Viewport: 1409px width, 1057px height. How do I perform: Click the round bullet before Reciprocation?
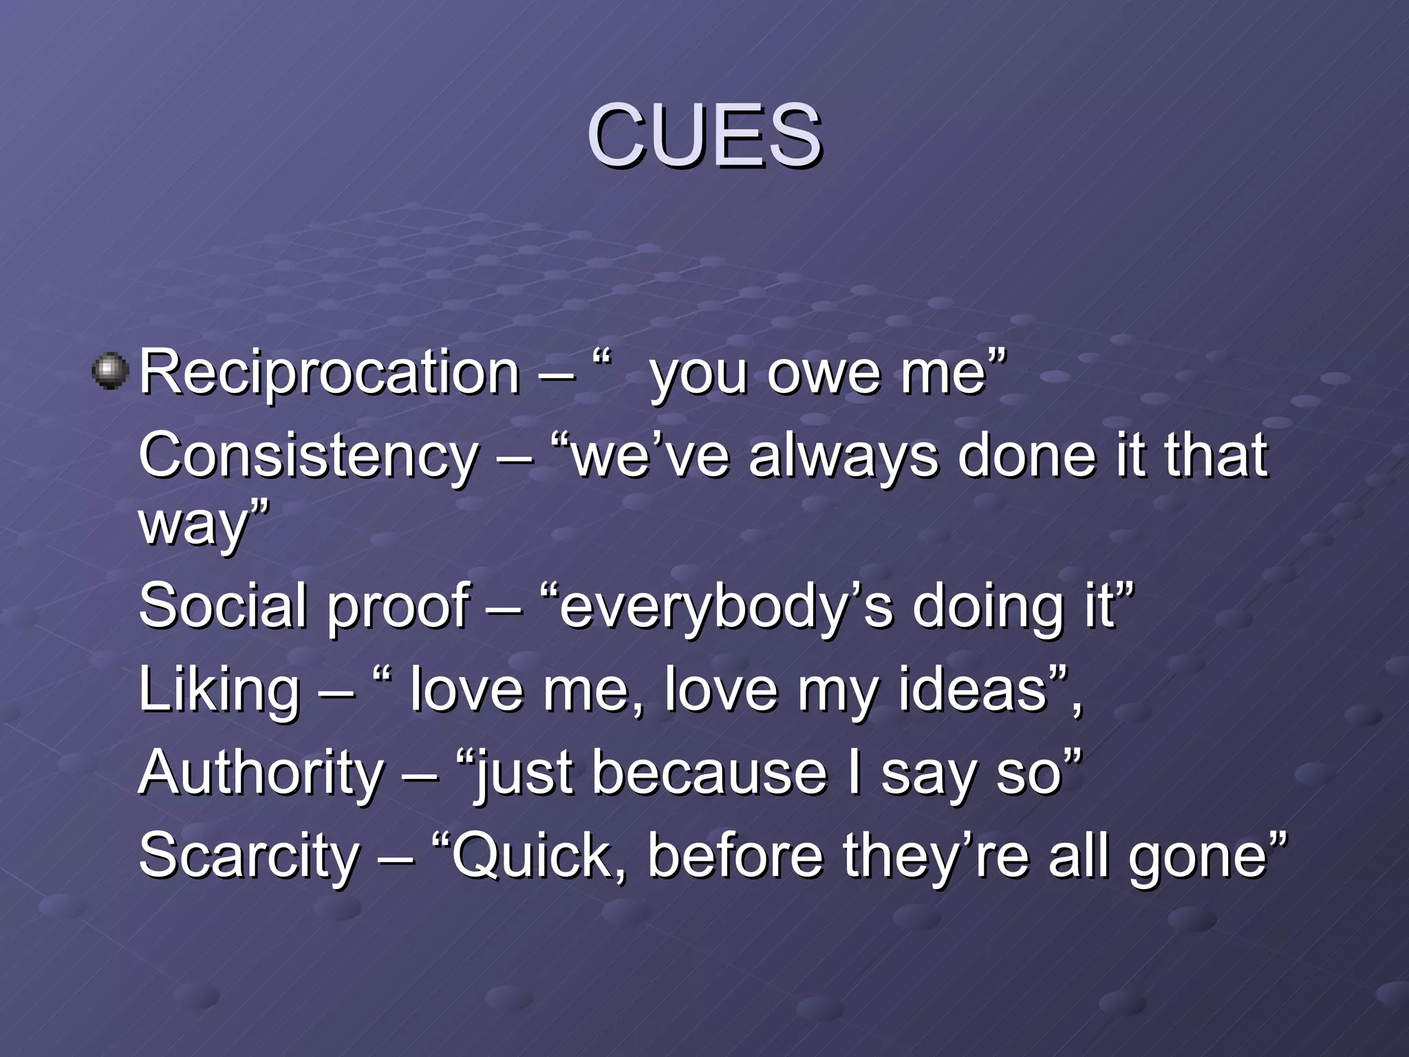(110, 372)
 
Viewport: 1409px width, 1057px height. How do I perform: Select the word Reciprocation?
(329, 373)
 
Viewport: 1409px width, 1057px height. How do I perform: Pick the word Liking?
(219, 691)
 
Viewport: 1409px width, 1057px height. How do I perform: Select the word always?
(843, 457)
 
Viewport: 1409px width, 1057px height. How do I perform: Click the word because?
(709, 773)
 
